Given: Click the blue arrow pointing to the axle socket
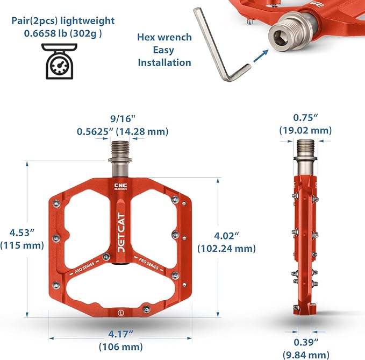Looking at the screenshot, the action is click(260, 56).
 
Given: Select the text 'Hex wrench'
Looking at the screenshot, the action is click(164, 37).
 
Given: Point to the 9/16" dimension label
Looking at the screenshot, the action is click(123, 119).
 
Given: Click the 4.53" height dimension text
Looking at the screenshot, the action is click(22, 232).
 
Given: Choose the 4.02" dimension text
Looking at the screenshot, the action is click(226, 236).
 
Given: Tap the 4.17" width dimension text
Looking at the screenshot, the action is click(120, 334).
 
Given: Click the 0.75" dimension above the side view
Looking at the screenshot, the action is click(305, 118).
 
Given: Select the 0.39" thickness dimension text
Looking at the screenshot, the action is click(306, 342).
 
